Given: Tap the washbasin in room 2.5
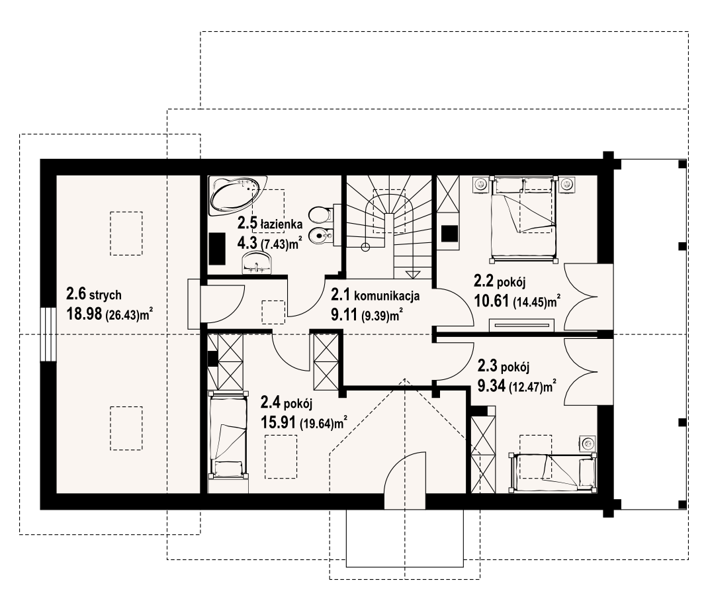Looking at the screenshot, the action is (x=257, y=263).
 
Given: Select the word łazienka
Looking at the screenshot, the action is (x=282, y=224).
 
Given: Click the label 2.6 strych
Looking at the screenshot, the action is (x=94, y=295).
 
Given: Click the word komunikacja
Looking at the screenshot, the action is (x=387, y=297).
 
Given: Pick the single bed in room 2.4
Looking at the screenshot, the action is (x=228, y=434).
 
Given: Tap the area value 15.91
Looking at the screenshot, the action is (x=278, y=423).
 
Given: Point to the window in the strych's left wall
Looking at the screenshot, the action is (x=48, y=334).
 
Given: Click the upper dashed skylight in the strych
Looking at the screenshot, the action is (x=126, y=234).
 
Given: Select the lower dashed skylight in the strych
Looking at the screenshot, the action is (x=126, y=428).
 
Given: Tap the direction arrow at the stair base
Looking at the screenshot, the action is (x=412, y=274).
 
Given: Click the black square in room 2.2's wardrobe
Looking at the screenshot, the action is (x=450, y=234).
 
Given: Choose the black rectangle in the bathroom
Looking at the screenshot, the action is (x=217, y=248).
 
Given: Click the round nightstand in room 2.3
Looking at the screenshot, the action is (x=588, y=444).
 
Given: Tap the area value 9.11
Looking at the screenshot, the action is (x=345, y=314).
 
